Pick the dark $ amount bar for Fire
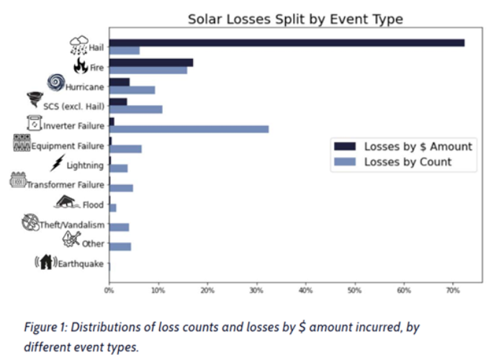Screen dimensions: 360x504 (x=151, y=63)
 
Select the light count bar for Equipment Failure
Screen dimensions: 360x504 (x=125, y=149)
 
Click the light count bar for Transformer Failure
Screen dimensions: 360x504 (x=121, y=188)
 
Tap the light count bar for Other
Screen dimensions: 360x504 (x=120, y=247)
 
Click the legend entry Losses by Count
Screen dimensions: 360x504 (x=408, y=162)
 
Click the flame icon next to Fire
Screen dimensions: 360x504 (x=81, y=66)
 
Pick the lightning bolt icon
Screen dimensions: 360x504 (x=58, y=163)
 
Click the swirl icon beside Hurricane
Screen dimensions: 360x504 (x=55, y=83)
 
